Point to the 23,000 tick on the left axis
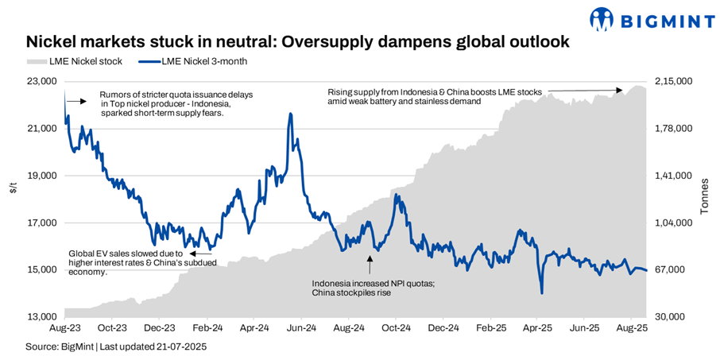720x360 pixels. click(42, 82)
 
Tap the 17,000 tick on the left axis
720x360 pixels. click(42, 223)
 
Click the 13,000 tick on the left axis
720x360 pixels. click(42, 317)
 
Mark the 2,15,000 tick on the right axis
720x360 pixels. click(674, 82)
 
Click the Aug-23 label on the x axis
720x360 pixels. click(64, 327)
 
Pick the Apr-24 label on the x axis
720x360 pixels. click(252, 327)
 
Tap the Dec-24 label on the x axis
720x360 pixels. click(443, 327)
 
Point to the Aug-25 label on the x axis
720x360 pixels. click(631, 327)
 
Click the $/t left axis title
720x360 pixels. click(13, 188)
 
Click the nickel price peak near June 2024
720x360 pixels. click(290, 114)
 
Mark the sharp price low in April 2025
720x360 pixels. click(541, 293)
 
